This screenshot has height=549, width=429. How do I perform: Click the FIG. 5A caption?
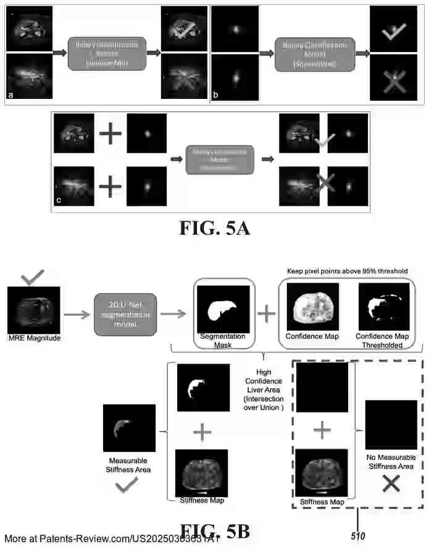[x=215, y=229]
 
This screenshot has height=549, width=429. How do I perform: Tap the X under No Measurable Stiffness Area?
[x=390, y=485]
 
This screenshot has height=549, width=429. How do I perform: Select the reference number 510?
[x=359, y=536]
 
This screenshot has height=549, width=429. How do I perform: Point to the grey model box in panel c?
[x=219, y=159]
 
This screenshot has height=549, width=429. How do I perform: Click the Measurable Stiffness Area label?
[x=127, y=464]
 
